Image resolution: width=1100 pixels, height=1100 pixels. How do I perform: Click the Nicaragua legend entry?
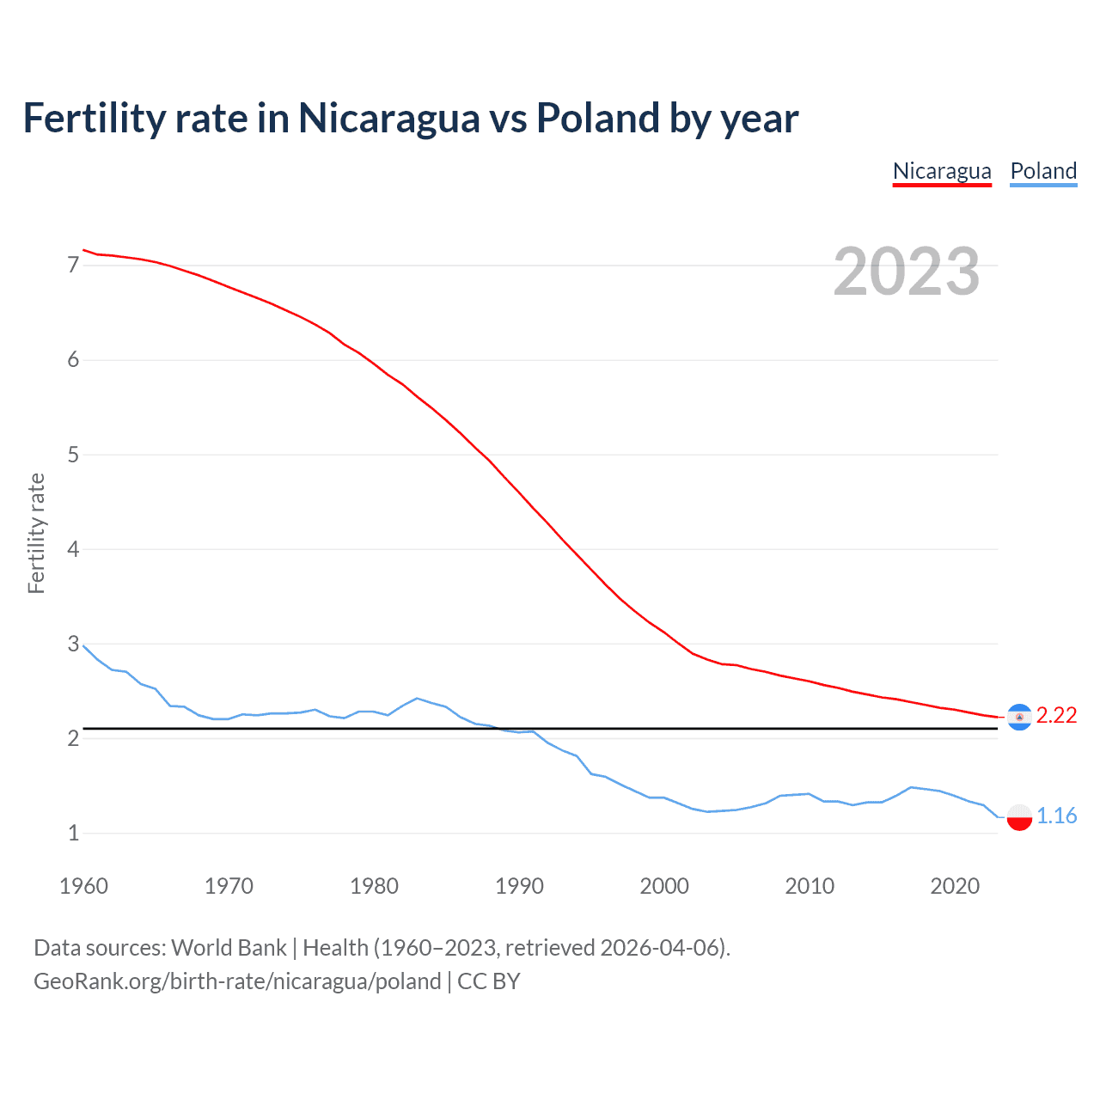[x=942, y=171]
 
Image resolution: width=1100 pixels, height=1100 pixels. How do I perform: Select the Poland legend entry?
[x=1043, y=171]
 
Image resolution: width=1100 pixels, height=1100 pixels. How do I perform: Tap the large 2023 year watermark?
[x=906, y=272]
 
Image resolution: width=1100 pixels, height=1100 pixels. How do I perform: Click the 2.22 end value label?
[x=1056, y=715]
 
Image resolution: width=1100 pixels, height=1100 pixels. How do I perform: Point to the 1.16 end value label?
[x=1056, y=816]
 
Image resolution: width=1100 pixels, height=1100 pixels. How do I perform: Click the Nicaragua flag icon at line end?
[x=1019, y=717]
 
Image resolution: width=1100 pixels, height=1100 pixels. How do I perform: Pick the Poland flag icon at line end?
[x=1019, y=816]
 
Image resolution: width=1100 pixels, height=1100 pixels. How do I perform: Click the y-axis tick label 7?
[x=73, y=266]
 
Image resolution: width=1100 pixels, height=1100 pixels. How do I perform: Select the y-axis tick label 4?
[x=73, y=549]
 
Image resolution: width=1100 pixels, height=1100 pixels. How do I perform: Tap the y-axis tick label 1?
[x=73, y=833]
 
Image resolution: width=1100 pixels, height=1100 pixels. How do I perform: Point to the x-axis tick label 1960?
[x=83, y=886]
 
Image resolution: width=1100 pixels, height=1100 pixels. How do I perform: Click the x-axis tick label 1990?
[x=519, y=886]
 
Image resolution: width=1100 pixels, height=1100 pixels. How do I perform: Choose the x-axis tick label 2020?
[x=955, y=886]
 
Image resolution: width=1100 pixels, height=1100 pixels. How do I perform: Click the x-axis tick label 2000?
[x=664, y=886]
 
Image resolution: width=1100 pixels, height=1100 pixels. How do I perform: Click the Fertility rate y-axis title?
[x=36, y=533]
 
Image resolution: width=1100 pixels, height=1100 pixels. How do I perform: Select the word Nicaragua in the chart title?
[x=388, y=119]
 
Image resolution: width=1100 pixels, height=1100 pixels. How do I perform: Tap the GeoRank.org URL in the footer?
[x=237, y=981]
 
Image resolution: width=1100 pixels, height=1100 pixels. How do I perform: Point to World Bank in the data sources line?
[x=229, y=948]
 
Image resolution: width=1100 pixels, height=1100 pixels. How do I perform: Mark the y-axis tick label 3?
[x=73, y=644]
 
